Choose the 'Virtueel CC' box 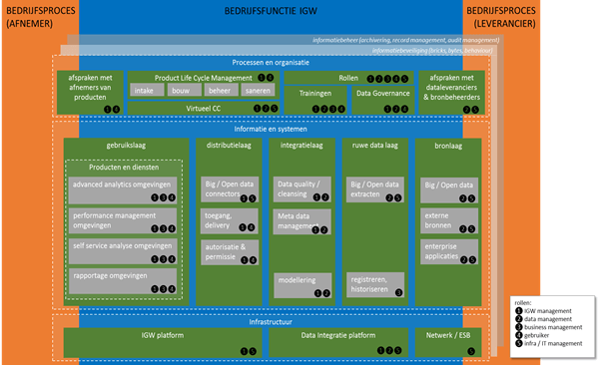(204, 108)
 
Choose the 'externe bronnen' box (448, 219)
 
